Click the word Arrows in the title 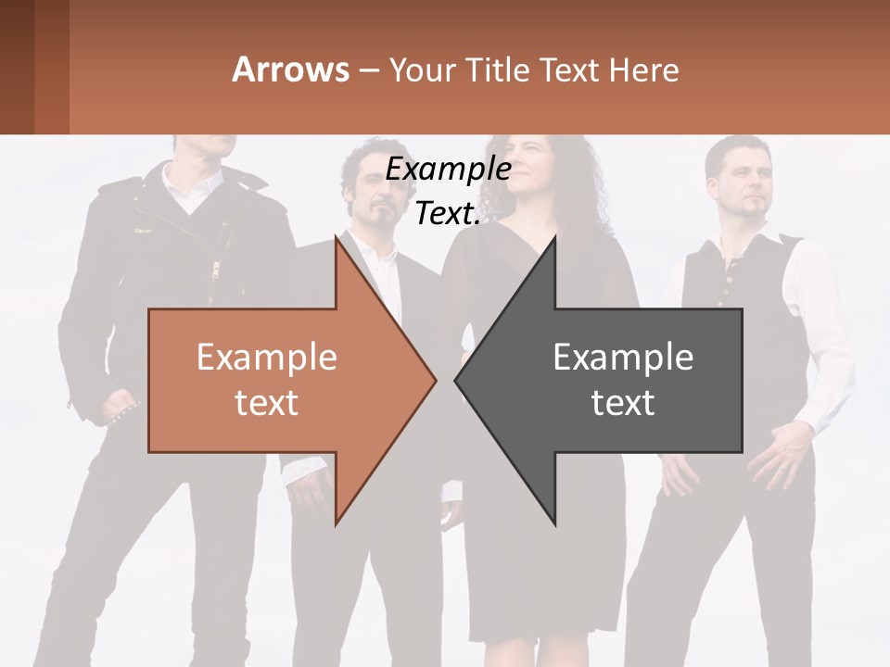coord(290,69)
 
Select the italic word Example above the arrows coord(448,170)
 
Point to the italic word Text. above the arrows coord(448,214)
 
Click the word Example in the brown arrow coord(266,357)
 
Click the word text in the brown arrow coord(266,402)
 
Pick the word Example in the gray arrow coord(623,357)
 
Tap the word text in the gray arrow coord(623,402)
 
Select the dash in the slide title coord(368,70)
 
